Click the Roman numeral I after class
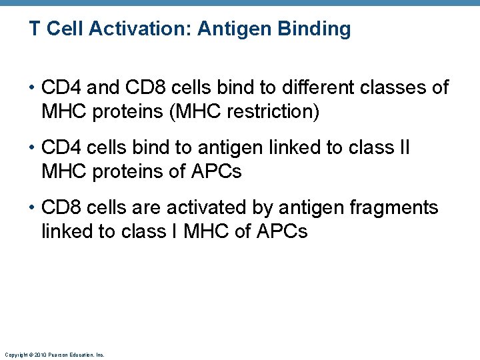[x=175, y=232]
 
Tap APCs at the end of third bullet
[x=281, y=232]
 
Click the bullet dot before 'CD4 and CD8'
[x=33, y=88]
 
